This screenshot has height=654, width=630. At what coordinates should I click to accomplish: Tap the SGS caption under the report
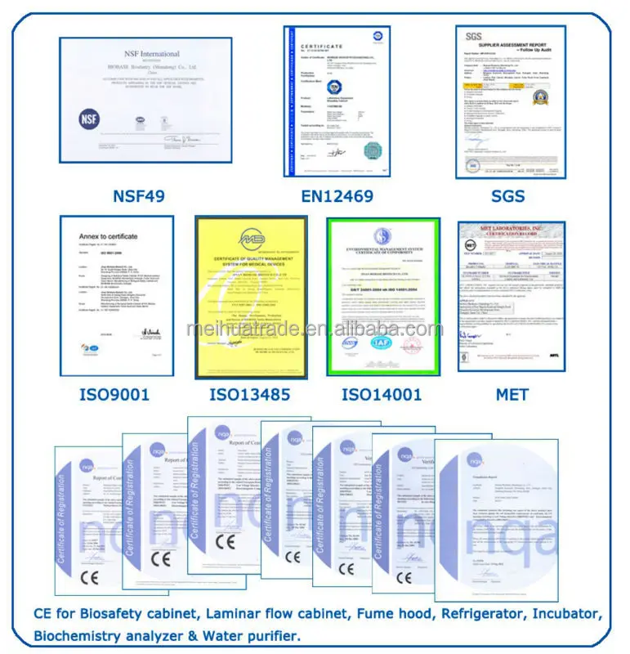tap(507, 196)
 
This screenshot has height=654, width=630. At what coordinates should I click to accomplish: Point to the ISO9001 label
tap(115, 395)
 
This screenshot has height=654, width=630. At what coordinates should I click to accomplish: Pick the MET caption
tap(512, 395)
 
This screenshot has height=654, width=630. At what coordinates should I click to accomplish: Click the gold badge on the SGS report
tap(538, 97)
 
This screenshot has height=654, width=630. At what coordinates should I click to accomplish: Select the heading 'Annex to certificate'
tap(108, 236)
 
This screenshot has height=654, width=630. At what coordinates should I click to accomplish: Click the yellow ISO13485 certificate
tap(251, 297)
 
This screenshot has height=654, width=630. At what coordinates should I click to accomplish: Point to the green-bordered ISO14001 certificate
tap(383, 297)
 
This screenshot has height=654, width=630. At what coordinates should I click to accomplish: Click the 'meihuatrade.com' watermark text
tap(315, 329)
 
